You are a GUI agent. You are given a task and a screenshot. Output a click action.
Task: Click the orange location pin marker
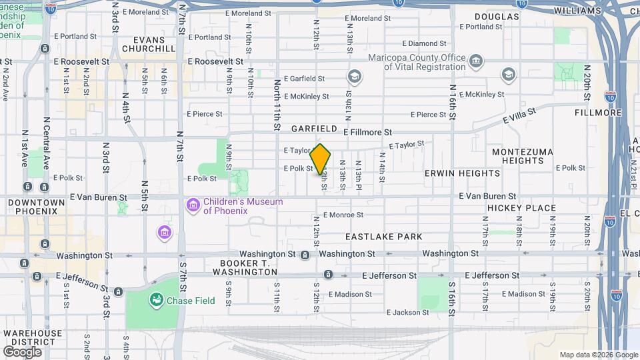click(x=321, y=159)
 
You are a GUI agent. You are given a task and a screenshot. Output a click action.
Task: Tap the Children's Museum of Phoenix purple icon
click(x=193, y=206)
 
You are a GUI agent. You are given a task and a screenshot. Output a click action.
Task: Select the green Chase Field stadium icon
click(x=157, y=301)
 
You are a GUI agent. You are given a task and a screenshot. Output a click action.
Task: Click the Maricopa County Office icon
click(x=476, y=63)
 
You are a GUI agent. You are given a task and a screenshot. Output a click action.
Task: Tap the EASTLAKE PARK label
click(x=383, y=237)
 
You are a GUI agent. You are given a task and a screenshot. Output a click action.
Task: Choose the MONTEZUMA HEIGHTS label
click(x=523, y=156)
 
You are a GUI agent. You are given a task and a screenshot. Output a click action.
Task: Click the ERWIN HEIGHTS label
click(x=462, y=173)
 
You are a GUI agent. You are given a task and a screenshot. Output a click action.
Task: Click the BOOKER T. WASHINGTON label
click(x=241, y=267)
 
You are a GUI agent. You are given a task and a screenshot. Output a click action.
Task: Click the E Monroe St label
click(x=343, y=215)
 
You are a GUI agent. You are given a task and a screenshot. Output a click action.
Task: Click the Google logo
click(x=22, y=351)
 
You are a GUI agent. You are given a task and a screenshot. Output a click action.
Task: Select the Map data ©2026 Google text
click(x=597, y=355)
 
